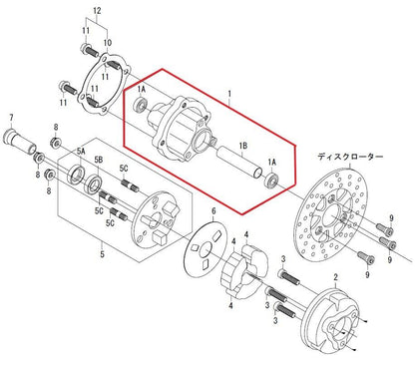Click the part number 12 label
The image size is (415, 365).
tap(97, 11)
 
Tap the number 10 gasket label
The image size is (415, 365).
tap(107, 43)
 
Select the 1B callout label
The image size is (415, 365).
tap(242, 146)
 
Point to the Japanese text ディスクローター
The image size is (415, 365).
tap(350, 157)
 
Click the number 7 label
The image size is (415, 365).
tap(11, 117)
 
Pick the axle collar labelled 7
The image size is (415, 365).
tap(20, 142)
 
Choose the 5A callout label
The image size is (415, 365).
tap(81, 152)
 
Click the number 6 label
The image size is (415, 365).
tap(213, 210)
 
